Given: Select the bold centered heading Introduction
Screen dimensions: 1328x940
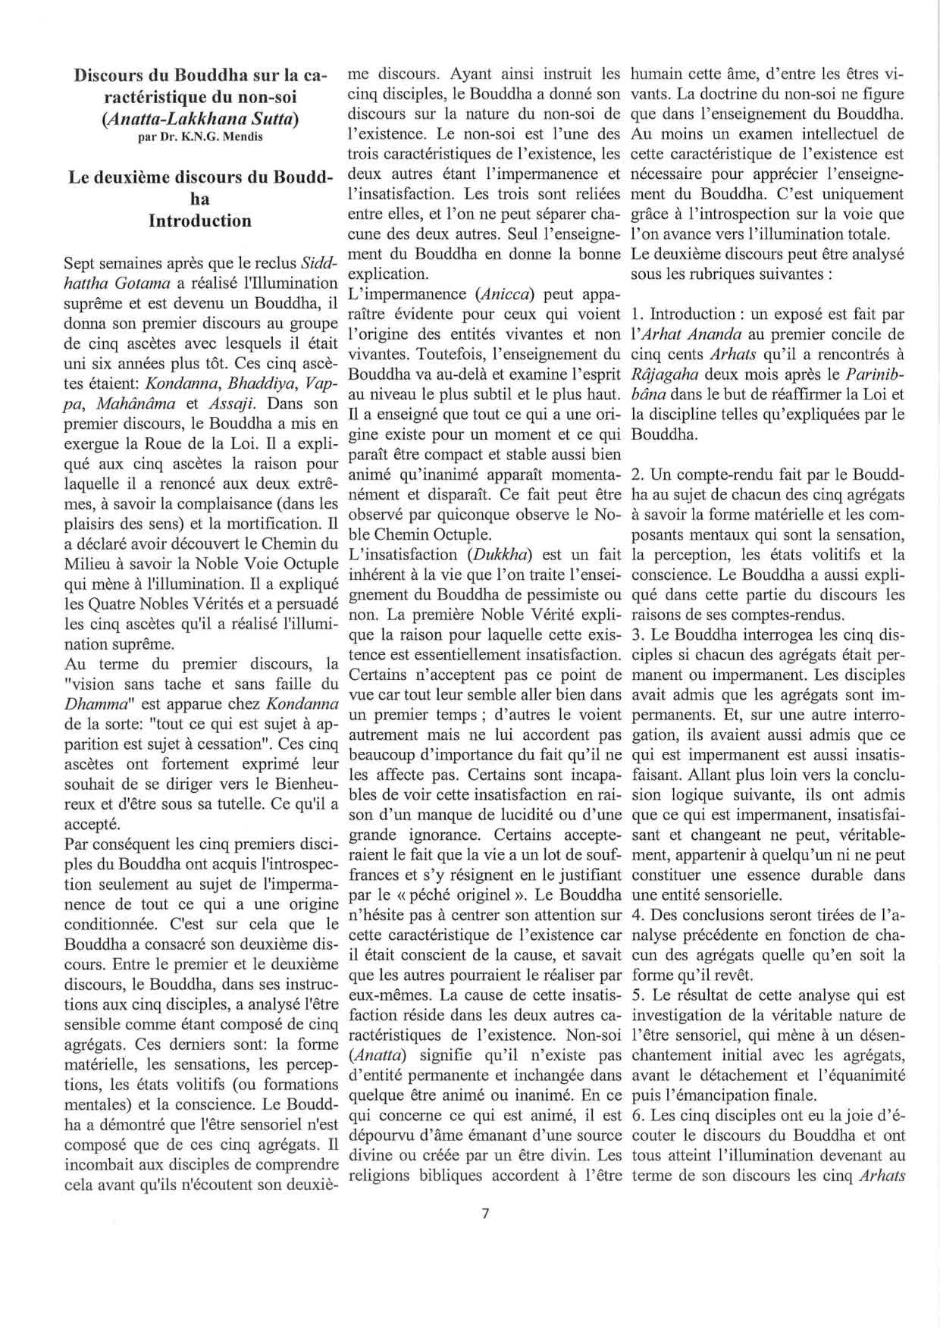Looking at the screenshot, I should [200, 221].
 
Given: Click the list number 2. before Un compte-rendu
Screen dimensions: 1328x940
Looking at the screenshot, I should [638, 475].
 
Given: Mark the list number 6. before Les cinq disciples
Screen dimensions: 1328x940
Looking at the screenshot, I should [638, 1115].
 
